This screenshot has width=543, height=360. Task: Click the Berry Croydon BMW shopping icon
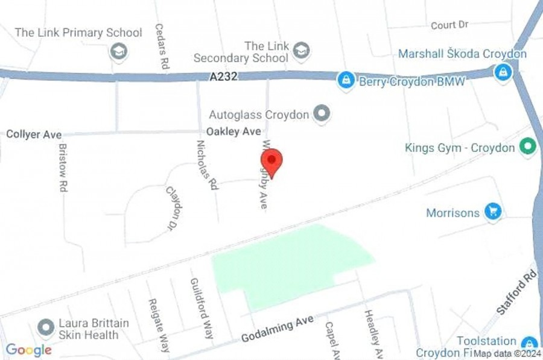[346, 80]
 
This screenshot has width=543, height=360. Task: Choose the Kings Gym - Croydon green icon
[529, 147]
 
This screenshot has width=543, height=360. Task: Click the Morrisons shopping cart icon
[494, 212]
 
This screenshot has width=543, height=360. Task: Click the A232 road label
[224, 77]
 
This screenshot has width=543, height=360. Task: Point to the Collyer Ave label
[34, 134]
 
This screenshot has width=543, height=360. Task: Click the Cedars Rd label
[160, 46]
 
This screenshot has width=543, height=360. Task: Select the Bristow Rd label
[63, 168]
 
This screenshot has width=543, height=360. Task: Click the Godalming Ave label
[277, 329]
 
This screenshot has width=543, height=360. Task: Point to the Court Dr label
[449, 25]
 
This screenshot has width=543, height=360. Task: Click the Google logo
[28, 349]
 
